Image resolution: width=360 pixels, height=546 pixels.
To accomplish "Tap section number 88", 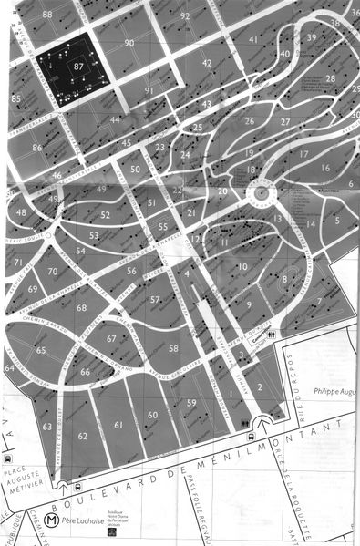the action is point(46,15).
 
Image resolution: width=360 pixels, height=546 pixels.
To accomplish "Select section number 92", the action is point(185,15).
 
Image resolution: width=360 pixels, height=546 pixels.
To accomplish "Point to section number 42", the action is point(207,63).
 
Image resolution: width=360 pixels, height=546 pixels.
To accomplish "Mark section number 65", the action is point(41,350).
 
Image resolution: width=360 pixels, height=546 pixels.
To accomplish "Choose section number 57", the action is point(155,299).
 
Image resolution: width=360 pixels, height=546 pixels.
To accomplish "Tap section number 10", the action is point(242,266).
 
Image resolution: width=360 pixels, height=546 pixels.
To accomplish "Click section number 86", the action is point(37,147).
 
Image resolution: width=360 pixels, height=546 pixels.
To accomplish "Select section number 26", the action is point(248,121).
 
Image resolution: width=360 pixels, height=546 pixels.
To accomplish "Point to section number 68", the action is point(82,308).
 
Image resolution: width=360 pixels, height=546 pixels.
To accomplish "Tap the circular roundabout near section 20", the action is point(261,191).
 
